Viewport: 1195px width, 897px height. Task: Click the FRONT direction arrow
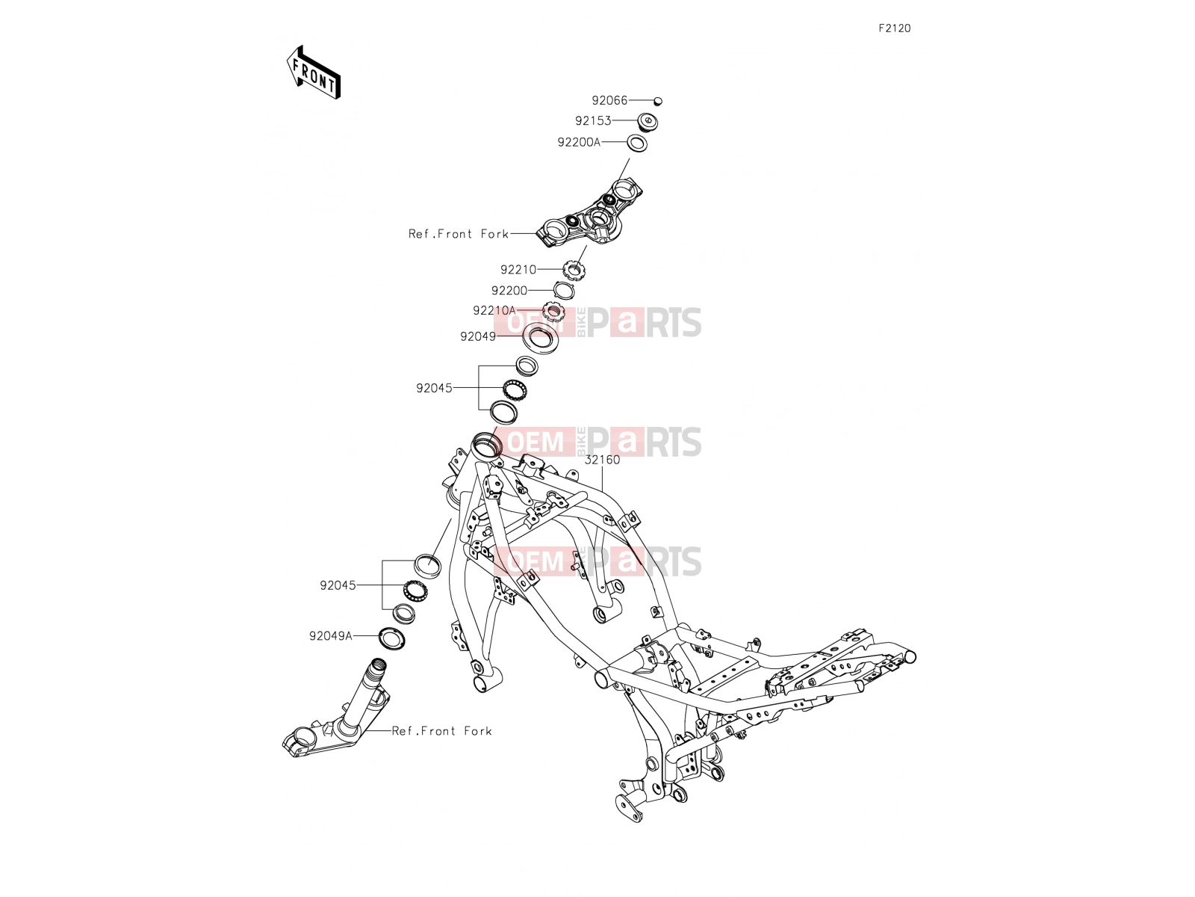click(x=314, y=73)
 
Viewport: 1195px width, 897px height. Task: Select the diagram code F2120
click(x=895, y=28)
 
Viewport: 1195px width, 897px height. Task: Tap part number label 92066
click(x=609, y=100)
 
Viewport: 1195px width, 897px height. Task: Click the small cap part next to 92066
click(x=658, y=102)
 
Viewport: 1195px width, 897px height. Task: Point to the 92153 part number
click(x=594, y=120)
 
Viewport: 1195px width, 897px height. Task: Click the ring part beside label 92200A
click(x=637, y=144)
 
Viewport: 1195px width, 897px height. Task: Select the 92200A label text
click(x=579, y=142)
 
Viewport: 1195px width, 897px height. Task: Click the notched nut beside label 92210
click(x=574, y=269)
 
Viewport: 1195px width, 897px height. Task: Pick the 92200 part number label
click(x=509, y=291)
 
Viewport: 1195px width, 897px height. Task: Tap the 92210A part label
click(x=494, y=310)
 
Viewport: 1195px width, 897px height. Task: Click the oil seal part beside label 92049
click(x=537, y=338)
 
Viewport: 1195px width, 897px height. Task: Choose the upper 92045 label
click(x=434, y=388)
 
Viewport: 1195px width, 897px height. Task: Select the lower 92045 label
click(x=338, y=585)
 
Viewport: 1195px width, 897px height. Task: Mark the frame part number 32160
click(x=602, y=460)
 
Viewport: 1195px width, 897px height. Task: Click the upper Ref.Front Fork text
click(x=459, y=234)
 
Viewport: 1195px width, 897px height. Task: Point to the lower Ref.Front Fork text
click(x=441, y=731)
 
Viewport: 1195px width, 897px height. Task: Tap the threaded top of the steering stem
click(x=378, y=665)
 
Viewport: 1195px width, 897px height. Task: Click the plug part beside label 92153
click(x=648, y=121)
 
